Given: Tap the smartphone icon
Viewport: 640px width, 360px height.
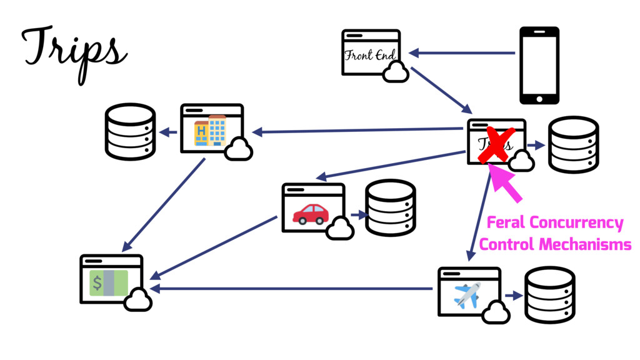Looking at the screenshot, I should tap(539, 65).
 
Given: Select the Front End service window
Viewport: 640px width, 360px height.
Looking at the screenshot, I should tap(371, 52).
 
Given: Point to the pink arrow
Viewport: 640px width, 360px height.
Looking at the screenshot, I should tap(507, 183).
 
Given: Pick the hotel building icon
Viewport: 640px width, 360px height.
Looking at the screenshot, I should tap(210, 130).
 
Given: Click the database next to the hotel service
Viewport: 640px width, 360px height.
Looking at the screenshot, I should tap(129, 131).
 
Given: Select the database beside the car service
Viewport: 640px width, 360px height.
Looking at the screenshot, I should tap(390, 208).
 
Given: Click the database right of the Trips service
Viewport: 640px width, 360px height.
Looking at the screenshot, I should tap(573, 144).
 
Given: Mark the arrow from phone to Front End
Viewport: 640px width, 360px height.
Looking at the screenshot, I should tap(462, 53).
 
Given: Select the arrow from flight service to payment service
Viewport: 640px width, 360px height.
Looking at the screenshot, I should tap(291, 289).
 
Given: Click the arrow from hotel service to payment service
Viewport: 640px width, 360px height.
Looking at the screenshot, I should tap(166, 204).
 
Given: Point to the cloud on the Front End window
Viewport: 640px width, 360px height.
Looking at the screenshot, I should tap(395, 74).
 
